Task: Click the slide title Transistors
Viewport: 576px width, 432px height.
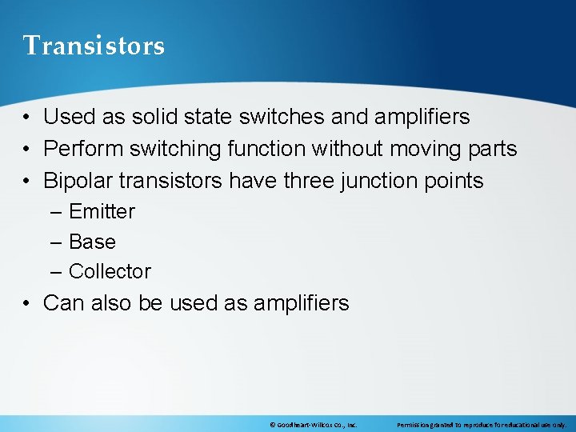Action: point(94,46)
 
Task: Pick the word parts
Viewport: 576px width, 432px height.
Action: point(492,149)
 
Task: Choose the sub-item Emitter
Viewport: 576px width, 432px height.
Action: point(102,212)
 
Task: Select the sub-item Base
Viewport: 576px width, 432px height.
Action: point(92,242)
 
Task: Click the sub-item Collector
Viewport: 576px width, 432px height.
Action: point(110,271)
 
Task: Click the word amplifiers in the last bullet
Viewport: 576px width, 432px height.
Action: point(301,303)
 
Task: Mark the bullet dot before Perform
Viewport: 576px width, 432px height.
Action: point(27,150)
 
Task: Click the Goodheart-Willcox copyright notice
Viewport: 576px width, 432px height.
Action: point(313,425)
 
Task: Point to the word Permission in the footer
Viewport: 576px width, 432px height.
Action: point(414,425)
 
